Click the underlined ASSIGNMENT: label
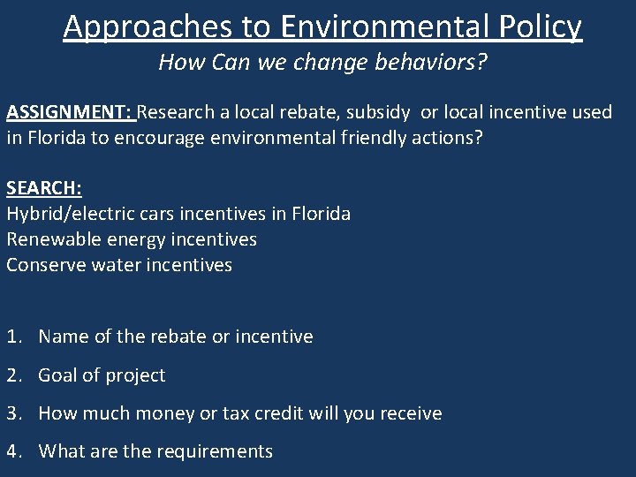pos(69,112)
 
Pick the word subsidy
pos(378,112)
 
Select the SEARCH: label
pos(44,188)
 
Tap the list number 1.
pos(13,337)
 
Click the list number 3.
pos(13,413)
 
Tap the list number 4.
pos(13,451)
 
